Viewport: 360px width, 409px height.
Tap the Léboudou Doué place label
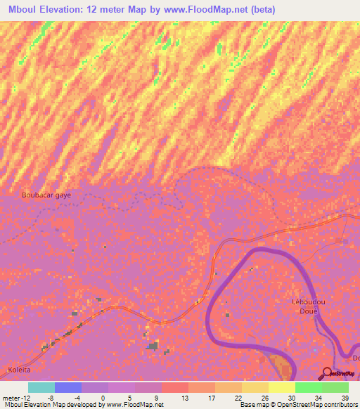304,306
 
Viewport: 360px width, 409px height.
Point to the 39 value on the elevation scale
345,398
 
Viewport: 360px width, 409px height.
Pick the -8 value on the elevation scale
54,398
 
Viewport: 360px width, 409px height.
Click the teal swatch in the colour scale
41,387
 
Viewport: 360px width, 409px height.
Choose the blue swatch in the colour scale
67,387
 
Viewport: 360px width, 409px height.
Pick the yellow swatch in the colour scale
281,387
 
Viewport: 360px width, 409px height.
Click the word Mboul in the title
22,10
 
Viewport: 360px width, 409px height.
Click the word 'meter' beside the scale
12,398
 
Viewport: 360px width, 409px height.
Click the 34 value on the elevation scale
319,398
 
